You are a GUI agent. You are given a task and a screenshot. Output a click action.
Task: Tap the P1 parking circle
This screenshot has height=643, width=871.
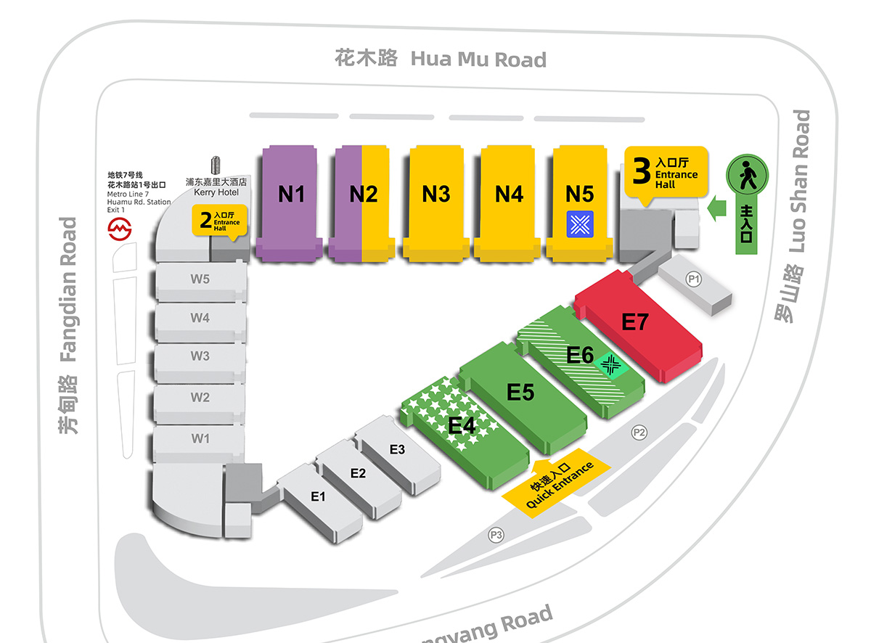click(x=695, y=278)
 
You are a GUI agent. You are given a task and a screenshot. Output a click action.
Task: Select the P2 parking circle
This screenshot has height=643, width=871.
click(x=639, y=433)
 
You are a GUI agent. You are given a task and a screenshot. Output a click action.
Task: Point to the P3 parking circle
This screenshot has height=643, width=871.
click(x=496, y=536)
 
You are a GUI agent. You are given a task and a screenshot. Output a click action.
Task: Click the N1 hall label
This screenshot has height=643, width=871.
click(x=291, y=194)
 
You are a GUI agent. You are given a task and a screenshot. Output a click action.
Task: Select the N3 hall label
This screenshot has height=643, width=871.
click(x=436, y=194)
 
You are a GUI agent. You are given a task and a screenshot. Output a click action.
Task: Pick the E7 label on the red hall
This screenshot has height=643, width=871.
click(x=634, y=321)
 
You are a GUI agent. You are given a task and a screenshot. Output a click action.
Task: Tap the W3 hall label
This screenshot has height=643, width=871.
click(x=200, y=356)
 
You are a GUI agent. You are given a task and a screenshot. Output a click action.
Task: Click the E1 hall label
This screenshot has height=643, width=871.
click(x=318, y=496)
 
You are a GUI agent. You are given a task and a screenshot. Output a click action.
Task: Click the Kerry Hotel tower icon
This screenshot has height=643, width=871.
click(x=216, y=165)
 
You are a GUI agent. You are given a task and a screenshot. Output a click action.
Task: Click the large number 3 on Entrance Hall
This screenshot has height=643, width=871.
click(x=641, y=171)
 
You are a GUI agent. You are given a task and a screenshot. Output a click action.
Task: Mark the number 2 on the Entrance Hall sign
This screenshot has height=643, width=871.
click(x=205, y=218)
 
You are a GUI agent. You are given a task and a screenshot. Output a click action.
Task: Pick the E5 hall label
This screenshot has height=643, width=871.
click(x=520, y=392)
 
